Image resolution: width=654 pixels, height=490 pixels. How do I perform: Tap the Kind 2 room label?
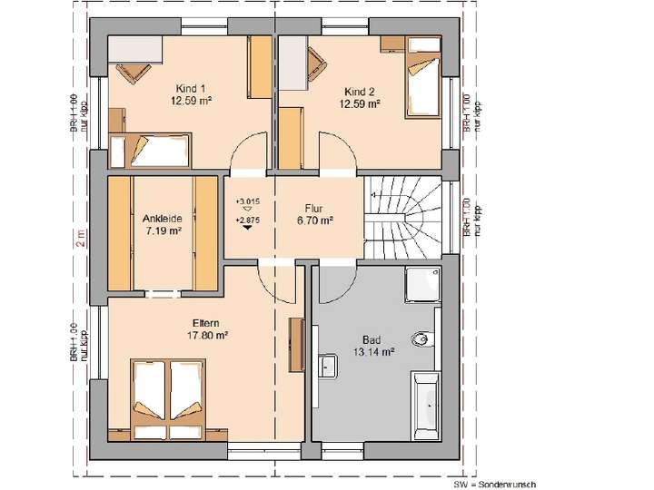(x=359, y=92)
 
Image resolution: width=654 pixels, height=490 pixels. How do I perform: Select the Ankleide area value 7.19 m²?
(x=163, y=231)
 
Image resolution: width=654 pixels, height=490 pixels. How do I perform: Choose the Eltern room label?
(x=206, y=322)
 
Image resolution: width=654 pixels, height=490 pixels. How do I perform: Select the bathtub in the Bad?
(x=425, y=399)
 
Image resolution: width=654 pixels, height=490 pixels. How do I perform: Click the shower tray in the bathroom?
(x=423, y=284)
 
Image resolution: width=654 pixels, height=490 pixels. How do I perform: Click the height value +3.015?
(x=247, y=201)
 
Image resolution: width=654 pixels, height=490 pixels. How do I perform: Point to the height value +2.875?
(x=247, y=220)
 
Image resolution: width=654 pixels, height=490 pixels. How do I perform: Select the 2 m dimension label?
(x=79, y=238)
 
